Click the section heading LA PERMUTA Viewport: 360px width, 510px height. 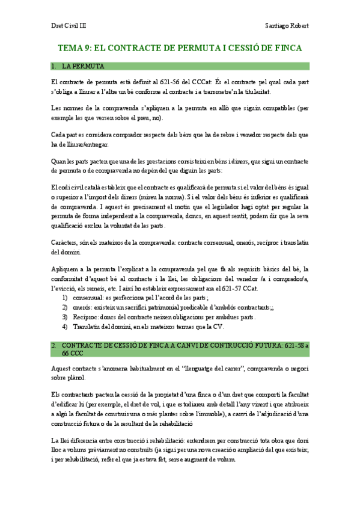pos(84,66)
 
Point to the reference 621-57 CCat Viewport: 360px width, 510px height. pos(239,289)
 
